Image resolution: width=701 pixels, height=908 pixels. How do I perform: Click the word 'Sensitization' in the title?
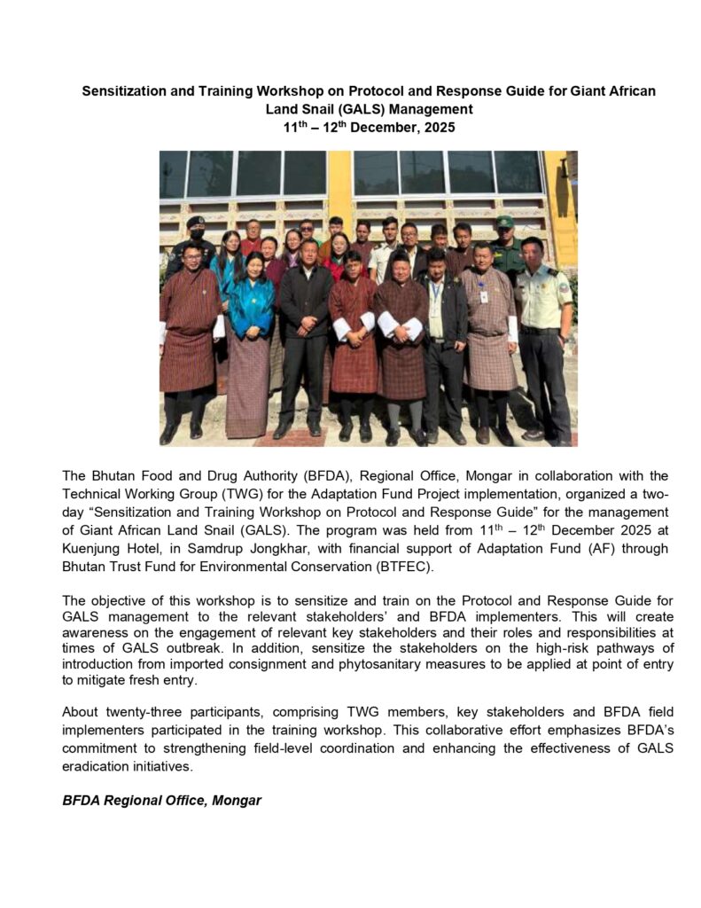125,91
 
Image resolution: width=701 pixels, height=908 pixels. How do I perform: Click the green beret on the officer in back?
504,222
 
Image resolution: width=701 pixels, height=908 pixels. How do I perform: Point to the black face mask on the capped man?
197,235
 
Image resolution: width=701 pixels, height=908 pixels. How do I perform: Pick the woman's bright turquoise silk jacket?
251,306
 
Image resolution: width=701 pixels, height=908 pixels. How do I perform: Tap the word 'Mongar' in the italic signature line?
234,800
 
